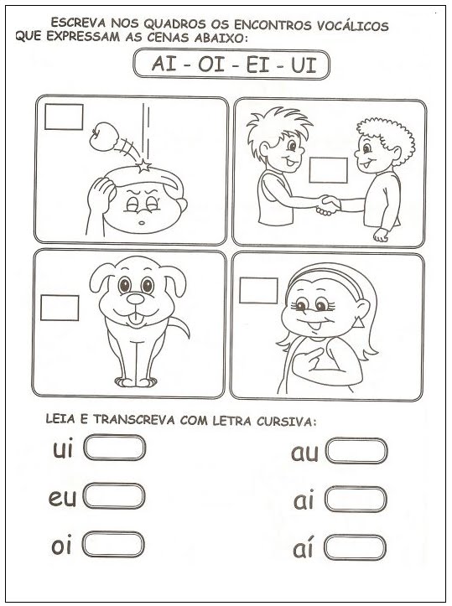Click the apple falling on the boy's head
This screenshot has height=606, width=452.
coord(103,136)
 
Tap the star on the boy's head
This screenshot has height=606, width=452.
coord(144,166)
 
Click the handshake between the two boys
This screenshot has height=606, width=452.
coord(328,205)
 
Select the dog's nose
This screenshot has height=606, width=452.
coord(135,298)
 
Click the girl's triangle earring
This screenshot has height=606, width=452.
coord(358,322)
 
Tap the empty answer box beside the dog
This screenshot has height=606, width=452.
coord(60,308)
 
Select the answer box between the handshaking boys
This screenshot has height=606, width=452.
coord(328,170)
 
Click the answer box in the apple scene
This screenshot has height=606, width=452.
coord(64,117)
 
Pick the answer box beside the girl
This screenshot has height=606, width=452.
coord(258,291)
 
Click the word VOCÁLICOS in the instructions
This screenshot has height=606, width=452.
coord(353,26)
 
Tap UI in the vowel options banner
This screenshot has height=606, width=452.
coord(304,65)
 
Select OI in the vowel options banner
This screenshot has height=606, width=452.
coord(211,65)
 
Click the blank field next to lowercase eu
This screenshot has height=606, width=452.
coord(114,496)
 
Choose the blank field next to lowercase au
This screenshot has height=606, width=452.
coord(356,451)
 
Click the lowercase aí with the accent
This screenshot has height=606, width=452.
coord(303,548)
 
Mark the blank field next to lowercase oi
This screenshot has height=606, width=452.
coord(113,544)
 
